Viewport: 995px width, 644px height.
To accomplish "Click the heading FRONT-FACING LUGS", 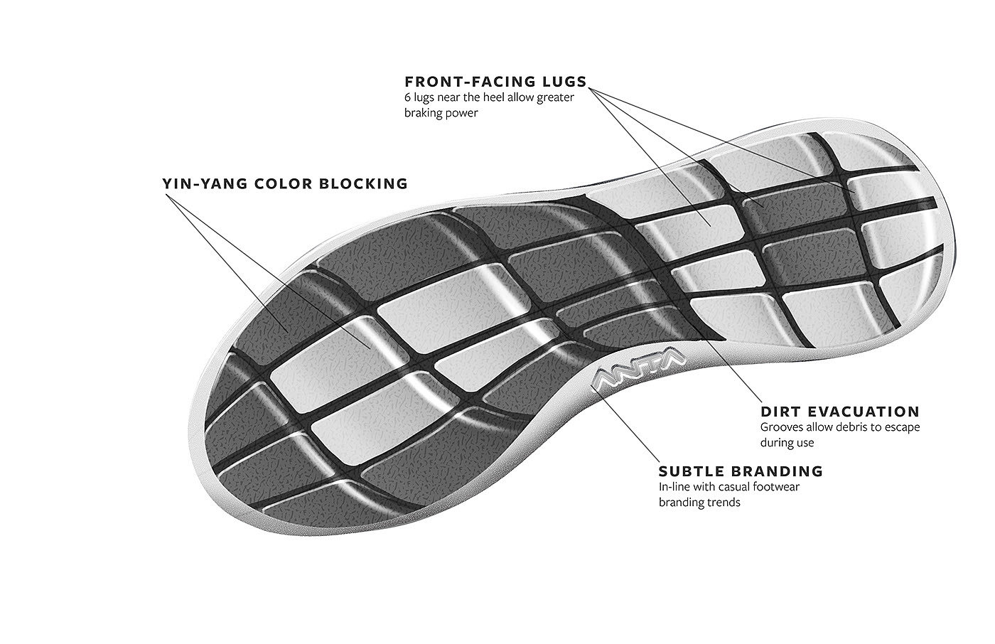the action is tap(495, 81).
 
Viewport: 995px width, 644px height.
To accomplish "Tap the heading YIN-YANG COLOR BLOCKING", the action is tap(285, 183).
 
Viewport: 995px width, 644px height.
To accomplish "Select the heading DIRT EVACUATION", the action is tap(840, 412).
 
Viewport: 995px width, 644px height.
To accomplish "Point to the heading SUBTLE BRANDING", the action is tap(741, 471).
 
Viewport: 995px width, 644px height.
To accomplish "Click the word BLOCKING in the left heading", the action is tap(365, 183).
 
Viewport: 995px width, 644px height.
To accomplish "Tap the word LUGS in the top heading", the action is tap(564, 81).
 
